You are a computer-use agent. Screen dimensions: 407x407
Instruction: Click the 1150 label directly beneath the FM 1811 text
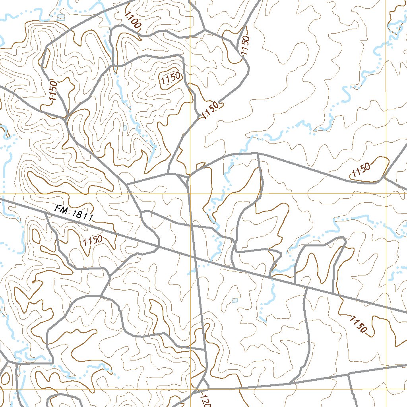point(93,240)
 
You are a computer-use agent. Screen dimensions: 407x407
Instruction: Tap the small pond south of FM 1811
point(235,300)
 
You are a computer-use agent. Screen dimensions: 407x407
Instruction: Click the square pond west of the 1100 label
point(61,17)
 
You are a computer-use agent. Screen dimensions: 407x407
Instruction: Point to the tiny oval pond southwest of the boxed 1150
point(125,128)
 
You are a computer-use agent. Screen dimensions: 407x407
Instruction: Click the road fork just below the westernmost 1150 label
point(66,117)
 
